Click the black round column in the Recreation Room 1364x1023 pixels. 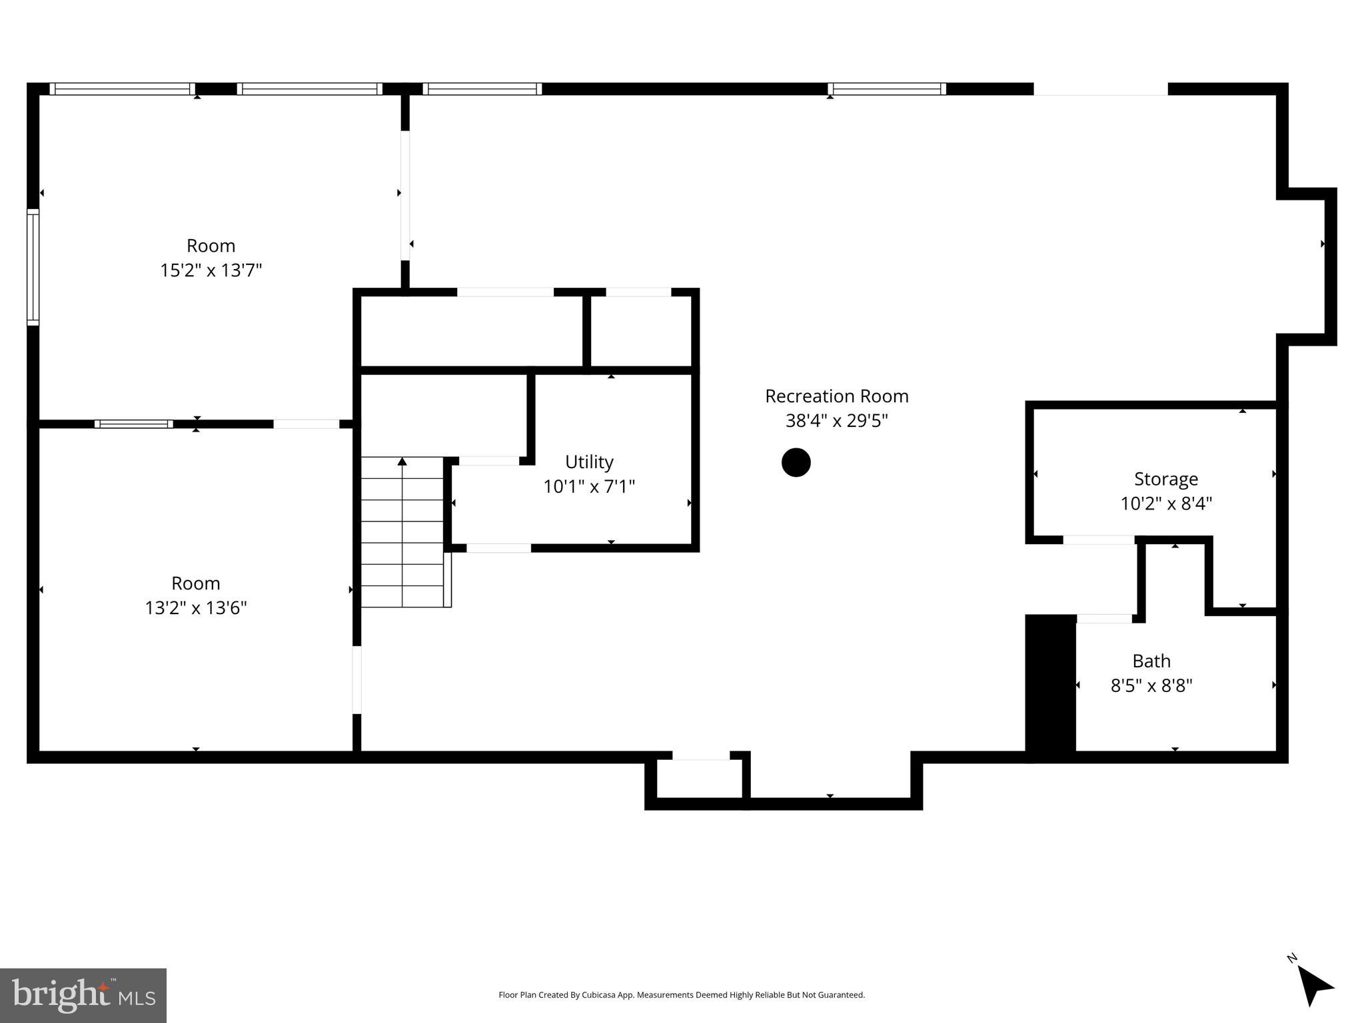796,462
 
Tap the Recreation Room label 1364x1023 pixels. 836,396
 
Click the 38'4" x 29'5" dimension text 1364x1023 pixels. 836,421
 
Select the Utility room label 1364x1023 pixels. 589,462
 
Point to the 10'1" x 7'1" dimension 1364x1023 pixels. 589,487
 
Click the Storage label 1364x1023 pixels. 1165,479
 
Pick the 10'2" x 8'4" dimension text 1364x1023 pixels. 1165,504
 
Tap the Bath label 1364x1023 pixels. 1151,661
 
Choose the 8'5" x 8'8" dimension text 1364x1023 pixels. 1151,685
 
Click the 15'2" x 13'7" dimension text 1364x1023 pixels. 211,270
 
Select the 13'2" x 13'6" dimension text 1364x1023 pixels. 196,608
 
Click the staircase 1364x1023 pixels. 402,533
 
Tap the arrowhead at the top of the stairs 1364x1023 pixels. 402,461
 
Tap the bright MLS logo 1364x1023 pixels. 83,995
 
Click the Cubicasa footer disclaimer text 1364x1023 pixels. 681,995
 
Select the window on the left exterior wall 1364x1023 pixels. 33,267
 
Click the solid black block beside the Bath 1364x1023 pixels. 1050,685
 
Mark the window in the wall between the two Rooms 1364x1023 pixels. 133,424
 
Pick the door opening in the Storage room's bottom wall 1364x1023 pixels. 1098,539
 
